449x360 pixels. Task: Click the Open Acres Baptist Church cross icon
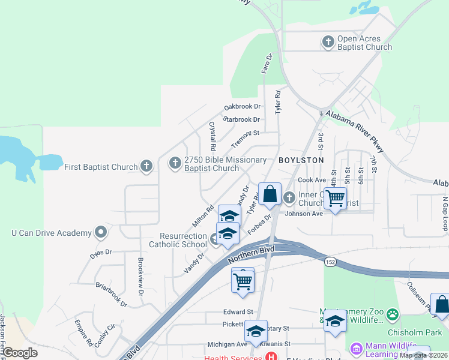(x=328, y=42)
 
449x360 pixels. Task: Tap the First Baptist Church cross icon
(x=146, y=166)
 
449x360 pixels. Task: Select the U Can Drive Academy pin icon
(x=101, y=232)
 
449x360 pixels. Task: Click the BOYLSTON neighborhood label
(x=301, y=160)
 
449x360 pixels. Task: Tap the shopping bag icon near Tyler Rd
(x=270, y=194)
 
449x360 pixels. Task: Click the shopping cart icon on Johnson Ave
(x=335, y=198)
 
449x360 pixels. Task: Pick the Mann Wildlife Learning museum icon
(x=356, y=348)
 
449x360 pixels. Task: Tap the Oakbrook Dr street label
(x=243, y=107)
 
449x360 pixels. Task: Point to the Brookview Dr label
(x=140, y=277)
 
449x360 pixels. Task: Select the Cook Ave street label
(x=312, y=180)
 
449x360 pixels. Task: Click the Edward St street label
(x=238, y=312)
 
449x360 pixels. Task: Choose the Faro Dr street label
(x=267, y=64)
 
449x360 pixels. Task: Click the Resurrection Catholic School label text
(x=178, y=240)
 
